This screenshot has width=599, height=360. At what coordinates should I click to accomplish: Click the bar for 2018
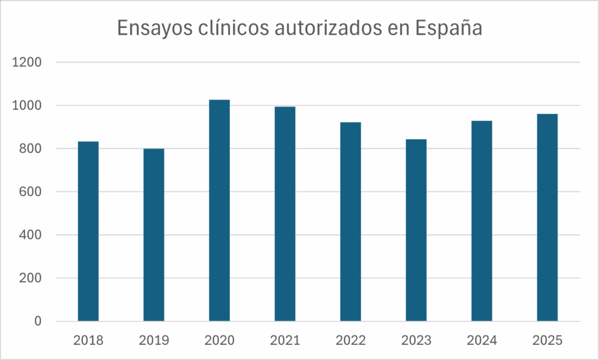click(x=88, y=231)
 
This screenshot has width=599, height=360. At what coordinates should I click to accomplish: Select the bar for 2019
click(x=154, y=235)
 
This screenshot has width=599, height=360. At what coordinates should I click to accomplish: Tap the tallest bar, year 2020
click(x=219, y=211)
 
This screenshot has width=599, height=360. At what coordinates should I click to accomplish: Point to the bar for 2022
click(x=350, y=222)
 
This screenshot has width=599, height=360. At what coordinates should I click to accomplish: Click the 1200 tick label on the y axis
click(x=27, y=63)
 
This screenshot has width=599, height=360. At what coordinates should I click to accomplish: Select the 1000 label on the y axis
click(x=27, y=106)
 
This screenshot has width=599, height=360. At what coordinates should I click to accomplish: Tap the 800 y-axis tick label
click(x=30, y=149)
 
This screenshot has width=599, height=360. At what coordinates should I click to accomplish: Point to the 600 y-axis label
click(x=30, y=192)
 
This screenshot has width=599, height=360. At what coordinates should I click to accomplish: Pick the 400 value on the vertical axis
click(x=30, y=235)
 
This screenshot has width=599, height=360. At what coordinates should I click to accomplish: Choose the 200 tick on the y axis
click(x=30, y=278)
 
